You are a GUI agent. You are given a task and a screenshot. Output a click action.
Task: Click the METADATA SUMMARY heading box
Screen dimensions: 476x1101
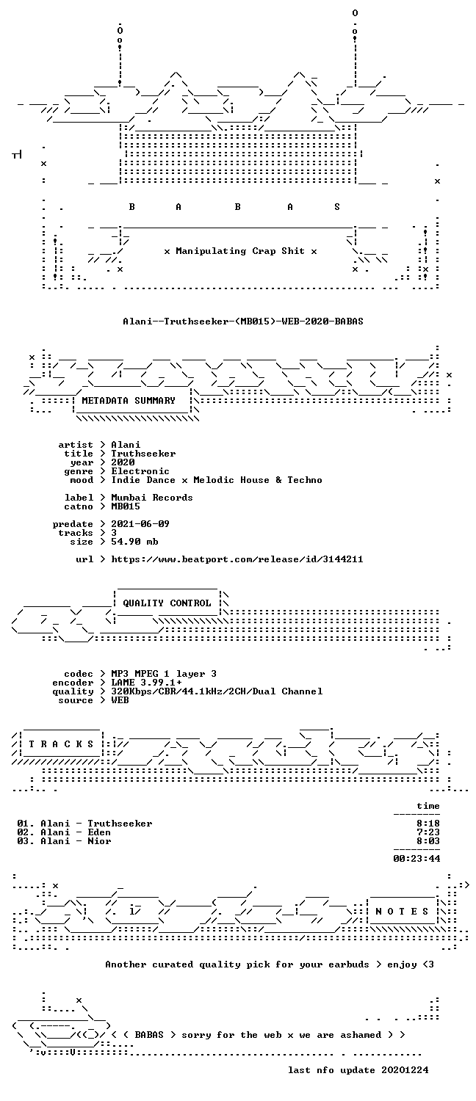pos(129,401)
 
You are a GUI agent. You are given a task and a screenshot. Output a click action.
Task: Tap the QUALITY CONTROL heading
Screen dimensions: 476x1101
pos(167,603)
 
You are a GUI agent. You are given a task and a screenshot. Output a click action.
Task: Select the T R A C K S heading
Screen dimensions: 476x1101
pos(61,744)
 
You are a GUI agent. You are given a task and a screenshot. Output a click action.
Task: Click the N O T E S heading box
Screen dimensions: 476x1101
pos(402,912)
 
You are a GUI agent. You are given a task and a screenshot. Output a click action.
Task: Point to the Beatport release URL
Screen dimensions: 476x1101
pos(237,559)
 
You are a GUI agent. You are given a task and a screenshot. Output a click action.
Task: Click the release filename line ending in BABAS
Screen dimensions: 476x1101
pos(243,321)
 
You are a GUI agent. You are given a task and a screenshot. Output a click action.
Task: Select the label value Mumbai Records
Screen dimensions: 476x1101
pos(152,498)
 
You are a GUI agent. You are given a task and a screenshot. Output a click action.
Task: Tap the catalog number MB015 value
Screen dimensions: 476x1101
pos(126,506)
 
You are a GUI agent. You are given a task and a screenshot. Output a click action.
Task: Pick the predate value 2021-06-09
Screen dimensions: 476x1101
pos(140,524)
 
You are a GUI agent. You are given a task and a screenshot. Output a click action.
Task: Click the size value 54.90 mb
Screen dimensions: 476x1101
pos(134,542)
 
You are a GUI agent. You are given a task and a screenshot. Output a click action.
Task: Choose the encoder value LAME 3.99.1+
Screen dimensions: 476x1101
pos(146,683)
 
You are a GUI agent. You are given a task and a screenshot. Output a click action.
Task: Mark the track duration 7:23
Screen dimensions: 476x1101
pos(428,832)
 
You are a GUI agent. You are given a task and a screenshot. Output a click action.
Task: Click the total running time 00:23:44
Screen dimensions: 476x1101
pos(416,859)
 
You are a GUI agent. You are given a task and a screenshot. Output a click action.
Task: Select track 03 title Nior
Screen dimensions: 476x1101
pos(99,841)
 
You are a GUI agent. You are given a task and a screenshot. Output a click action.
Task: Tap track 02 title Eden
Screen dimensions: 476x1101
pos(99,832)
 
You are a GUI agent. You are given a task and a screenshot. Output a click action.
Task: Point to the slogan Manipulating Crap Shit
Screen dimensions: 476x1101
pos(240,251)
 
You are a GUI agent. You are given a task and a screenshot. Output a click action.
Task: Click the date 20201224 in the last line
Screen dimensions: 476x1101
pos(405,1070)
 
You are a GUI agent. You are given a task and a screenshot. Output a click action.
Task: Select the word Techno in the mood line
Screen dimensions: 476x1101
pos(305,480)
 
